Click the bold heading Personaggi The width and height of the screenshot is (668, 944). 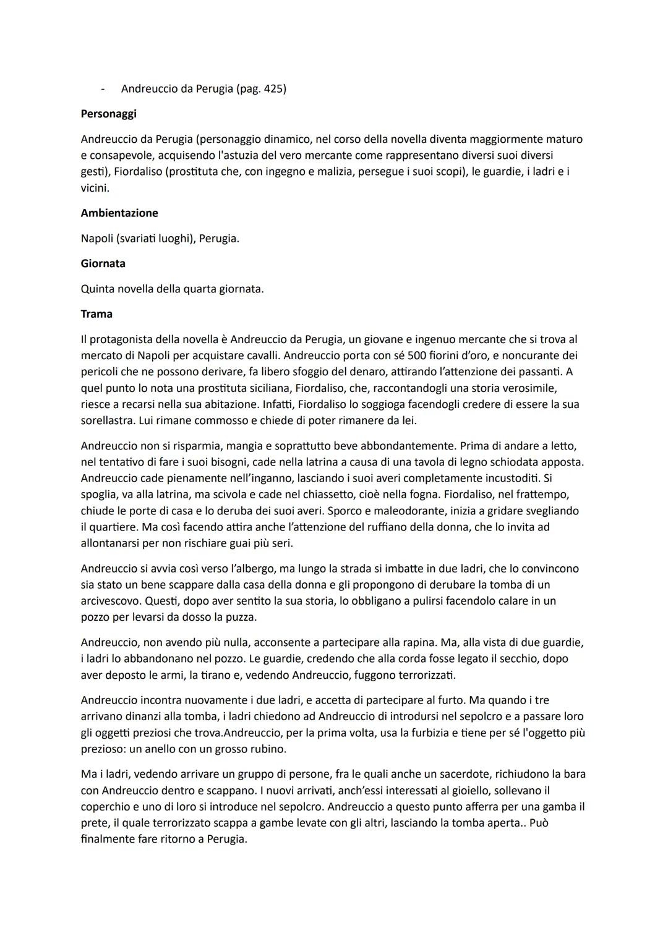click(108, 114)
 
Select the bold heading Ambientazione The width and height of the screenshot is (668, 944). click(119, 213)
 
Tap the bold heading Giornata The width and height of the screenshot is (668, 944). click(103, 263)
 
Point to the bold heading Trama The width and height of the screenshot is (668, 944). click(96, 314)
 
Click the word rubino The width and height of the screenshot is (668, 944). click(268, 749)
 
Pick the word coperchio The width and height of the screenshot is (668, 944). click(108, 807)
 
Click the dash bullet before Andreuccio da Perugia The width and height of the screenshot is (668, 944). click(103, 89)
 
